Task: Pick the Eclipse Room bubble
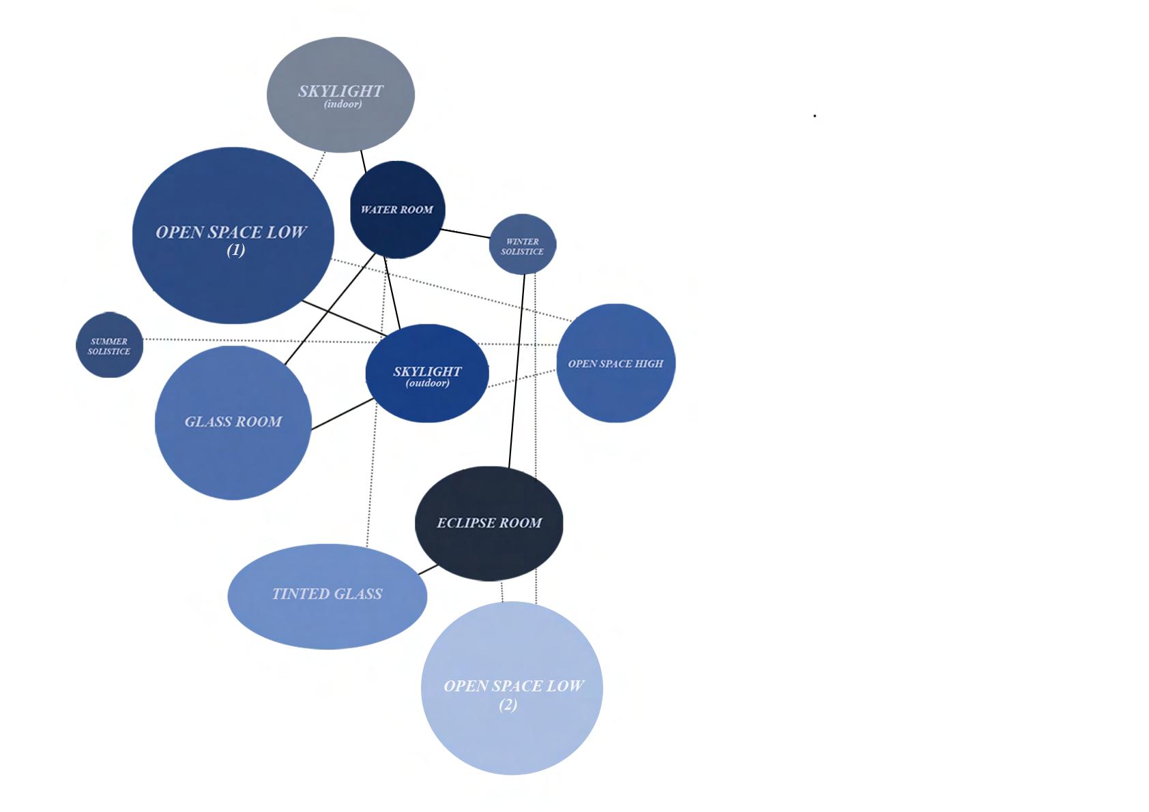(x=489, y=545)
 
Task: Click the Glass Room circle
(x=233, y=450)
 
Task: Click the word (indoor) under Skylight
(x=343, y=104)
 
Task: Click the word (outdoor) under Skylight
(x=427, y=383)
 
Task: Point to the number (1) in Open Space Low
(x=235, y=250)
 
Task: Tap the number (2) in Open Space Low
(x=508, y=705)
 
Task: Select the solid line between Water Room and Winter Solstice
(x=466, y=233)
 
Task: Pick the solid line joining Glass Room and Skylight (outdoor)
(x=343, y=414)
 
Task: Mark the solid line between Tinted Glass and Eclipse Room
(x=428, y=569)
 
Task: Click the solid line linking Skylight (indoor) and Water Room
(x=364, y=162)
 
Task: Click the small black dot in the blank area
(x=815, y=116)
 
